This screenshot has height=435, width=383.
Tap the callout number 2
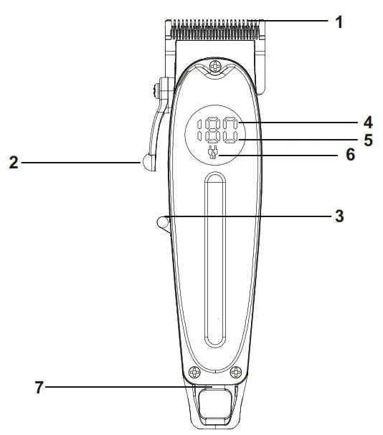click(x=13, y=163)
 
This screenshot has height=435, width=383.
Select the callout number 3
click(x=339, y=215)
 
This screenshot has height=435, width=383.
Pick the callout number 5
click(x=367, y=139)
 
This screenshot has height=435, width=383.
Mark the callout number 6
click(x=350, y=154)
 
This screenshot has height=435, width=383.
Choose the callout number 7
click(x=40, y=388)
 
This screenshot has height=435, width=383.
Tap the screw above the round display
click(x=214, y=68)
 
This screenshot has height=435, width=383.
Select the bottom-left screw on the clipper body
click(x=192, y=373)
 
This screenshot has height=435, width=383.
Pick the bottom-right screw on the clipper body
click(x=234, y=373)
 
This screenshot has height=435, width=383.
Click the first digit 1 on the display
click(x=202, y=130)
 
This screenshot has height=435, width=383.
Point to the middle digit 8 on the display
click(x=214, y=130)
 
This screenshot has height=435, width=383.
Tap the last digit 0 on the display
click(x=229, y=130)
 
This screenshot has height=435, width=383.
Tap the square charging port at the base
click(x=213, y=406)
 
